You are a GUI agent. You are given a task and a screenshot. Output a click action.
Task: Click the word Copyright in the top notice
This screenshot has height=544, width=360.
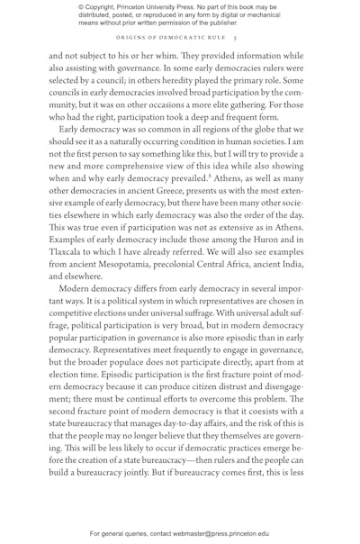tap(102, 8)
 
